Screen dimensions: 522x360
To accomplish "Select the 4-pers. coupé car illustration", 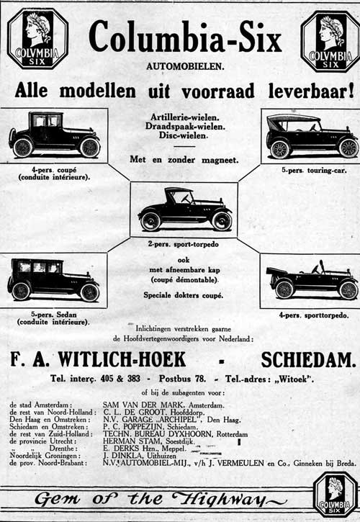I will pos(55,135).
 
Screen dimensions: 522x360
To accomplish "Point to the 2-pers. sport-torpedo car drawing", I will pos(184,210).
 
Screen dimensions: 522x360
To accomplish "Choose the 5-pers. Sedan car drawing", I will pos(54,279).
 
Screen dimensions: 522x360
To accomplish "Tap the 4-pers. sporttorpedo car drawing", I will pos(312,280).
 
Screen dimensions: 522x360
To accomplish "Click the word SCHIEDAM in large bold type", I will pos(308,359).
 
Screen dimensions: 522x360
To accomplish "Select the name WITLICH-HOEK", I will pos(125,359).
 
